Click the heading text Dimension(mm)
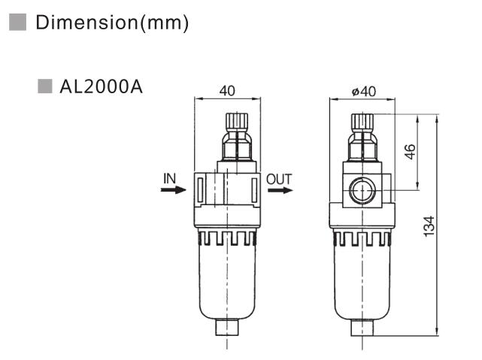tap(112, 23)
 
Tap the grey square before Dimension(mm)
tap(17, 23)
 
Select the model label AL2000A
tap(101, 88)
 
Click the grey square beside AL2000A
tap(45, 87)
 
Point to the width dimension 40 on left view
tap(227, 90)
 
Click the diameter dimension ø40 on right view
tap(362, 90)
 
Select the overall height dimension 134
tap(429, 225)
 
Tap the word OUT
tap(279, 179)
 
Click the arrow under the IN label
tap(172, 190)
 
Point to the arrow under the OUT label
tap(280, 190)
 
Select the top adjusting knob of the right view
tap(362, 121)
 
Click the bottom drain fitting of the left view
tap(227, 328)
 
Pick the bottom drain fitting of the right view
tap(362, 328)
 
